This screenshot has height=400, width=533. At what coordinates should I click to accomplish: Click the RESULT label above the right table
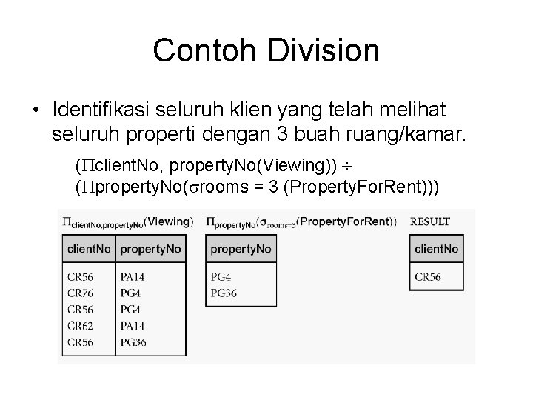429,221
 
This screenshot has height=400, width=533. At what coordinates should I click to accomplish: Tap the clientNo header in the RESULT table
437,249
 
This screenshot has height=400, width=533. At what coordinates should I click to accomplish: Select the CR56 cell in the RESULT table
428,277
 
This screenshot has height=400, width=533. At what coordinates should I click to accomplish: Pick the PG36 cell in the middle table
225,293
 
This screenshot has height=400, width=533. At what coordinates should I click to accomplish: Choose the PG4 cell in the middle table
221,277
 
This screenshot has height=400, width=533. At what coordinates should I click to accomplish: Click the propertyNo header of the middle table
241,249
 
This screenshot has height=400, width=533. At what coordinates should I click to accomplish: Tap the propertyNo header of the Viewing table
150,249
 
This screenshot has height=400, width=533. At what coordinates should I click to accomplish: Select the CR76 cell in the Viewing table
81,293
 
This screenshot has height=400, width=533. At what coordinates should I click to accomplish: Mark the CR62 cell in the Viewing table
81,325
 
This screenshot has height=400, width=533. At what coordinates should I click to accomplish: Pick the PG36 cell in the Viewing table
134,341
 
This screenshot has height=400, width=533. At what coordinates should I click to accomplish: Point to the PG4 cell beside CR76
130,293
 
